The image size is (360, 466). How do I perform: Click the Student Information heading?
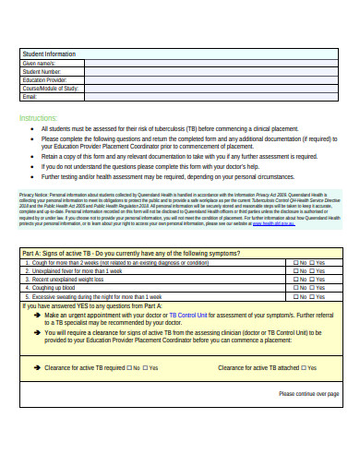[49, 54]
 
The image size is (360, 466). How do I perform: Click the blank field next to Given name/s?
[212, 63]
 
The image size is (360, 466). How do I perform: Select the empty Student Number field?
[212, 71]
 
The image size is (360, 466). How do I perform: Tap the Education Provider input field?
[212, 79]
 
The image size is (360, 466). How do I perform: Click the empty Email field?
[212, 96]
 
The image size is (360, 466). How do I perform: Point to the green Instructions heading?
[38, 118]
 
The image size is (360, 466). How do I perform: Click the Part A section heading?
[130, 253]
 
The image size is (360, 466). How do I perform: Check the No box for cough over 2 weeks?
[294, 263]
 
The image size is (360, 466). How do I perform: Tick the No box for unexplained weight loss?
[294, 280]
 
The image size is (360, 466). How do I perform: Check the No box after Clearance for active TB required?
[129, 367]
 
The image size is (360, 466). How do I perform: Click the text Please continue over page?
[308, 394]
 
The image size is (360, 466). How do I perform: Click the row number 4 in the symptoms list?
[25, 288]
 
